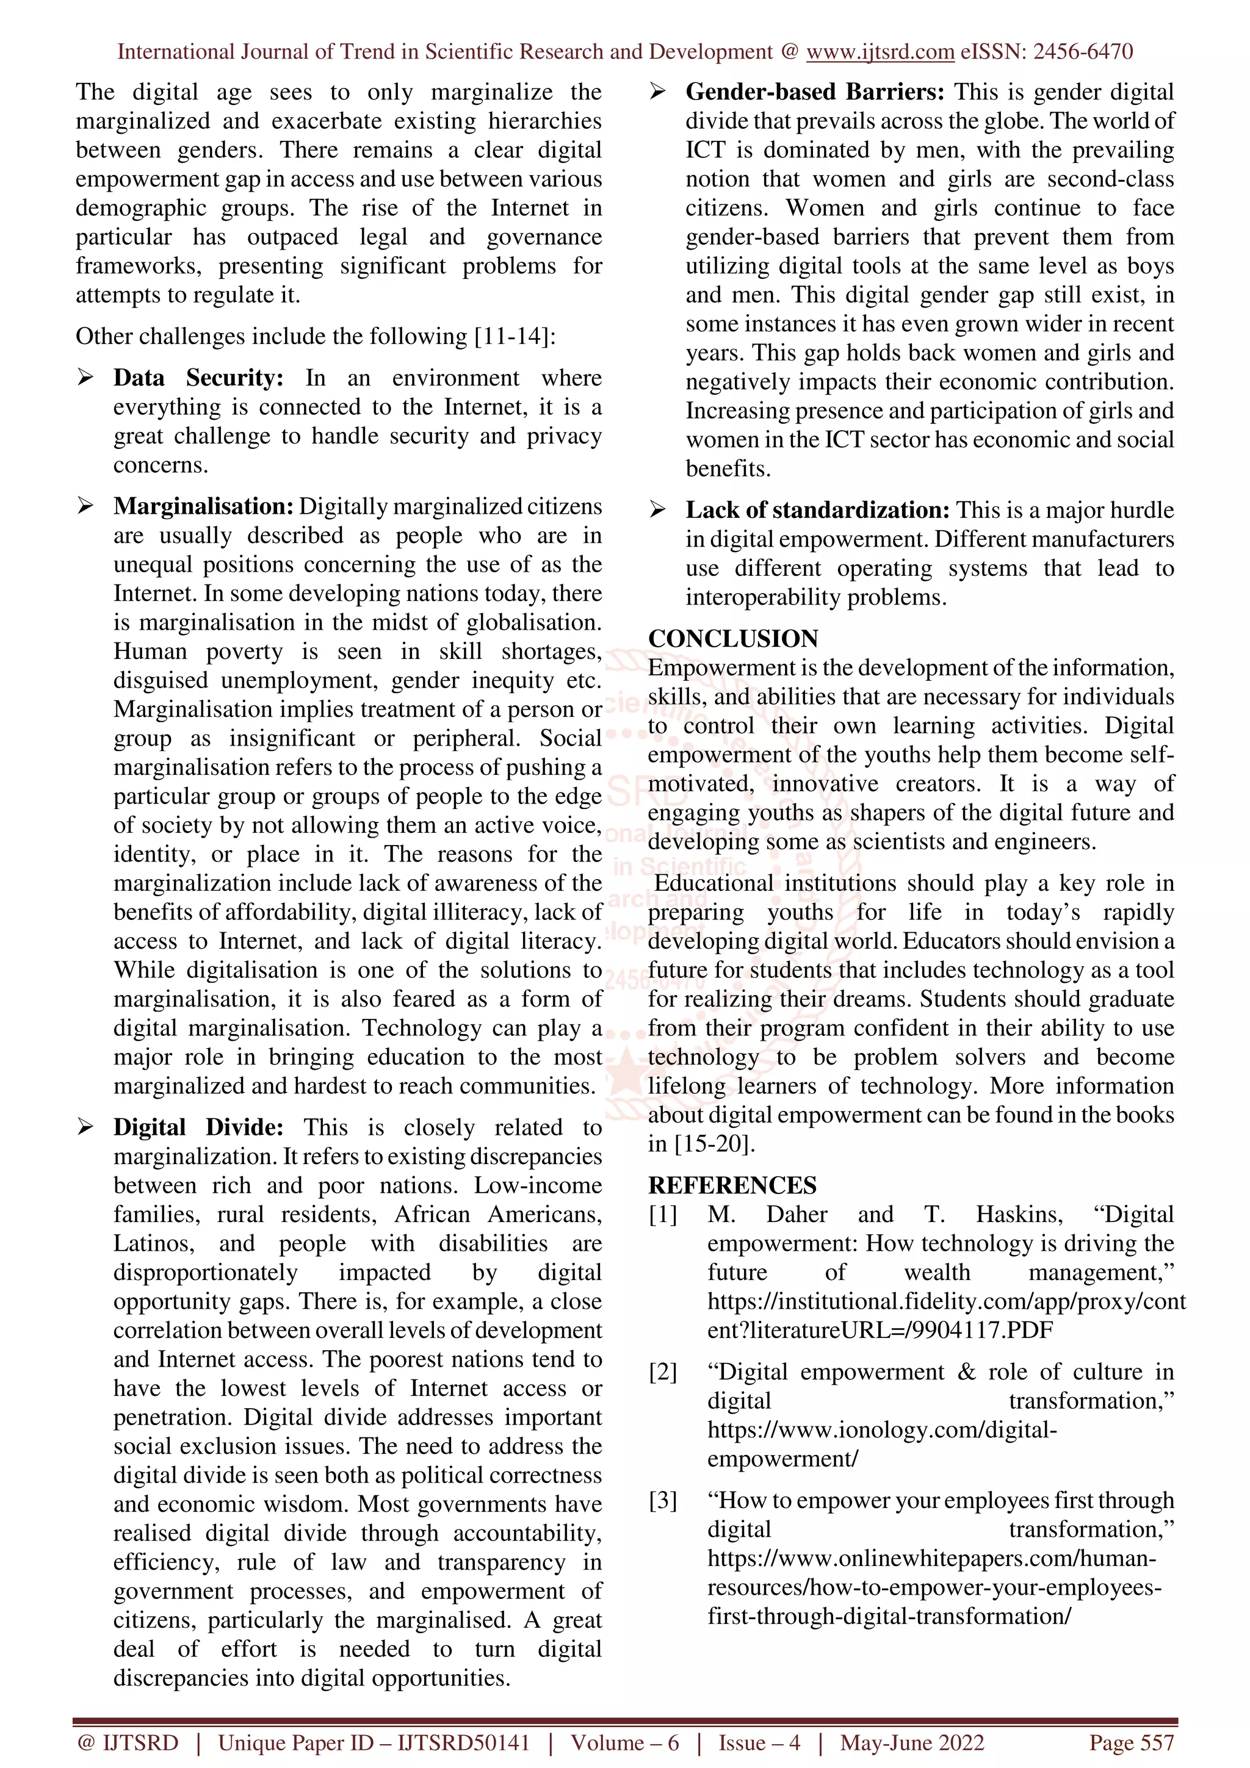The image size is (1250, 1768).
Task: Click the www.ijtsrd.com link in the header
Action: [x=880, y=52]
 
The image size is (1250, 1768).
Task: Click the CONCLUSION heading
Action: [x=732, y=638]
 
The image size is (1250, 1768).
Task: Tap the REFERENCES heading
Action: [x=732, y=1185]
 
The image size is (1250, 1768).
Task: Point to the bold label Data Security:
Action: [x=198, y=378]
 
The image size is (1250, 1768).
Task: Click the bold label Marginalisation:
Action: [x=203, y=507]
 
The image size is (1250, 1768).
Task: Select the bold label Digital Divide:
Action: [x=198, y=1127]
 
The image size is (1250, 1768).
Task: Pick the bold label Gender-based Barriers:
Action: [x=814, y=92]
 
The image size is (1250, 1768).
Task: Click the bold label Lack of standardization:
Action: [x=817, y=511]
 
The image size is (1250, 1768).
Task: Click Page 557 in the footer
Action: [x=1130, y=1742]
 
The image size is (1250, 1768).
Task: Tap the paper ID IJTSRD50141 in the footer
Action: [x=463, y=1742]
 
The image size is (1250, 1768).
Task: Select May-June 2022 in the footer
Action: [x=912, y=1742]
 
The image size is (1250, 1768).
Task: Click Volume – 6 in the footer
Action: [x=624, y=1742]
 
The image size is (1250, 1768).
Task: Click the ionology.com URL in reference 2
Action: [x=881, y=1430]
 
